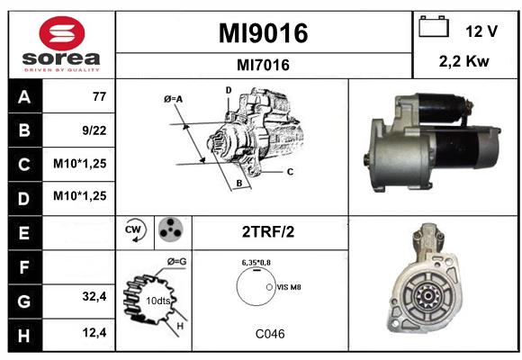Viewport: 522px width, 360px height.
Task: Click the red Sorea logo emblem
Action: click(x=62, y=33)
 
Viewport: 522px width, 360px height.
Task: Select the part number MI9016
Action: click(x=264, y=33)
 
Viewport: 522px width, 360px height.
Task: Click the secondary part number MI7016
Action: click(x=263, y=65)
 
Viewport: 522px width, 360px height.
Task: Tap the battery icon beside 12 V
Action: click(x=434, y=26)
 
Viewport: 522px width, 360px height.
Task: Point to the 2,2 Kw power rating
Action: click(x=464, y=61)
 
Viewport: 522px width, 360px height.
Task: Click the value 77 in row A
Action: click(x=100, y=96)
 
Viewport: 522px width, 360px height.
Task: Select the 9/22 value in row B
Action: click(x=94, y=130)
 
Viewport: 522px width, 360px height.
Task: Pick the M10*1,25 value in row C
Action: click(x=80, y=164)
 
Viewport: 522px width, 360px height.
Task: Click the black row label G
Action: click(x=25, y=301)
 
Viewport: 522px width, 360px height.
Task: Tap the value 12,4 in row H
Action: click(x=94, y=332)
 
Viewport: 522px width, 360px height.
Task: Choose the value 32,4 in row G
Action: click(x=94, y=296)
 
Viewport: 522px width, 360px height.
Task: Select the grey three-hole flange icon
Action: click(x=171, y=229)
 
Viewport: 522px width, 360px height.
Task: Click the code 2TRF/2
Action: click(x=268, y=232)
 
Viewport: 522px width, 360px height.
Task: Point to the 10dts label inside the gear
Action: click(x=158, y=301)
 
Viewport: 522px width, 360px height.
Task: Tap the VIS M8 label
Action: click(x=289, y=287)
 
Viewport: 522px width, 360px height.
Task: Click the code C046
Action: click(x=270, y=334)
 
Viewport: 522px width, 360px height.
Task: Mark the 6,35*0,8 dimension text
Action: click(x=256, y=263)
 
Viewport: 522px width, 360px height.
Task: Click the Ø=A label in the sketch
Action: click(x=173, y=99)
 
